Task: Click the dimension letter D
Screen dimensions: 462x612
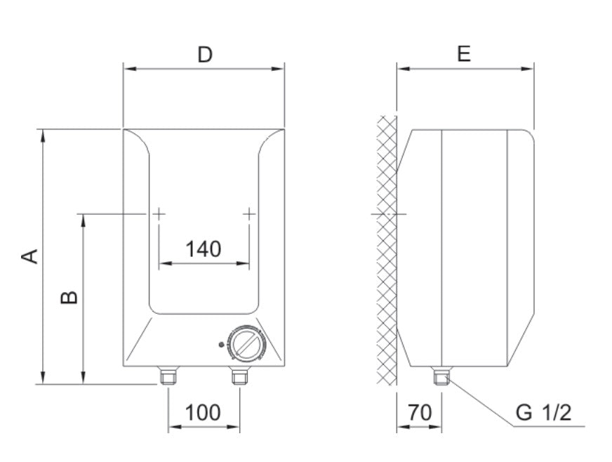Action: tap(204, 55)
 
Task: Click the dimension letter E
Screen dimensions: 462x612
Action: tap(463, 54)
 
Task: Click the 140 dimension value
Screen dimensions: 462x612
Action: tap(203, 249)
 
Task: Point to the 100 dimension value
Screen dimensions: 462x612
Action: tap(203, 412)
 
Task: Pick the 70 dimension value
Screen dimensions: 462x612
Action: tap(419, 412)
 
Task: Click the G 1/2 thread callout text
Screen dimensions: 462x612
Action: tap(543, 412)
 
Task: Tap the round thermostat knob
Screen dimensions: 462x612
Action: tap(247, 343)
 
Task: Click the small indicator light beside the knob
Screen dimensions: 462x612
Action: tap(222, 345)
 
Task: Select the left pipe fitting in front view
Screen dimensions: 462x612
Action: tap(168, 376)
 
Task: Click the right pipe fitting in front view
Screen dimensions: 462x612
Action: tap(240, 376)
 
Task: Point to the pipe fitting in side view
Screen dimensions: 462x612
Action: tap(441, 377)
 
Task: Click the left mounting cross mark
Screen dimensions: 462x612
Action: tap(159, 213)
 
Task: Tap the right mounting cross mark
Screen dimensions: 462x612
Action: tap(249, 213)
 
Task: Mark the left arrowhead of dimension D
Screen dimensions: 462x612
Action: tap(127, 68)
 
